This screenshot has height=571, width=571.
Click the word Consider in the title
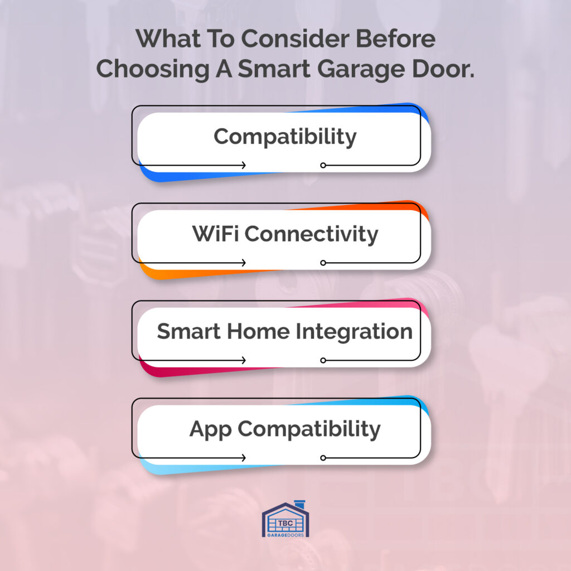[295, 38]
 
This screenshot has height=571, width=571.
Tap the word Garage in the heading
[361, 70]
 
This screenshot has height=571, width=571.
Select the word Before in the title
[395, 38]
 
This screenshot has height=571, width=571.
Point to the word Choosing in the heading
[153, 69]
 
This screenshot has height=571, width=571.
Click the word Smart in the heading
[274, 69]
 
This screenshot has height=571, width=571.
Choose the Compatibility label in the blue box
[285, 137]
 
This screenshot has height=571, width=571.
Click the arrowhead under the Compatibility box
[244, 165]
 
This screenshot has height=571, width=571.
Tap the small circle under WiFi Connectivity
[323, 263]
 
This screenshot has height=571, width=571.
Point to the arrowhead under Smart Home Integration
[244, 361]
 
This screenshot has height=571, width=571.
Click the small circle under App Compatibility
[323, 458]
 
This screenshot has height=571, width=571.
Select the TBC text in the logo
[285, 523]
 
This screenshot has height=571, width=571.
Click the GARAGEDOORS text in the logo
[285, 535]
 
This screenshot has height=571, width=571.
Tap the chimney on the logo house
[299, 505]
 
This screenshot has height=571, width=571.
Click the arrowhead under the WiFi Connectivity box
[244, 263]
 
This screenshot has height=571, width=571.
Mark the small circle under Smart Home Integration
[323, 361]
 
